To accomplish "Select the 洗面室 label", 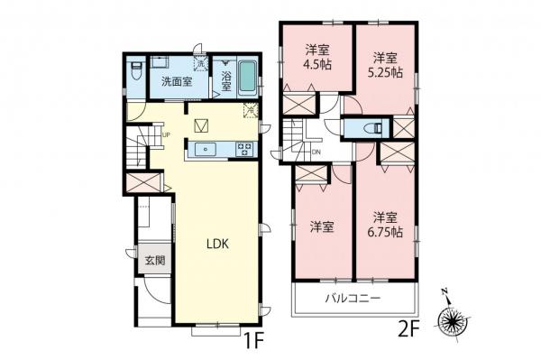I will point(177,81).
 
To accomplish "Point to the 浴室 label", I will point(226,82).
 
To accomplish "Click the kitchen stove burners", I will point(245,149).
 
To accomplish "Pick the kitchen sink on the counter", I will point(206,149).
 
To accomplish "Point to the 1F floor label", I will point(252,343).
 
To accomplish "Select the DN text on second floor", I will point(316,152).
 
